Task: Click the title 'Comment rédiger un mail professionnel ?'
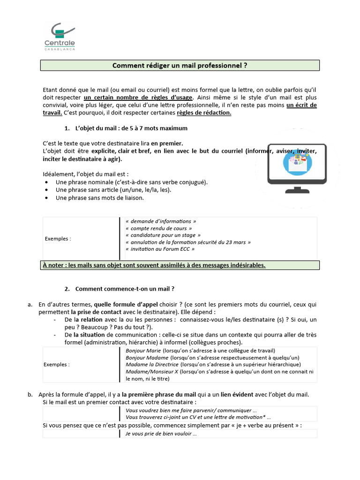tap(180, 66)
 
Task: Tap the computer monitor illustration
tap(297, 166)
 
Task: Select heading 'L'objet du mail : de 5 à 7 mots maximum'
tap(131, 128)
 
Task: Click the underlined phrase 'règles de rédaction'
tap(204, 113)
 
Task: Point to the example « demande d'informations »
tap(161, 221)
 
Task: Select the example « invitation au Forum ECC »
tap(160, 249)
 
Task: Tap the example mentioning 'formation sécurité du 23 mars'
tap(188, 242)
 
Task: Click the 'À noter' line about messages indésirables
tap(154, 265)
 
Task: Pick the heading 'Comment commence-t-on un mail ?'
tap(125, 289)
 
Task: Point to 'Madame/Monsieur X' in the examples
tap(152, 371)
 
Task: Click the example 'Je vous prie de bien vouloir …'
tap(161, 434)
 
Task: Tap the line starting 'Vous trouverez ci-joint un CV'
tap(198, 417)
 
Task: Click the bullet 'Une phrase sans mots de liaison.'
tap(99, 198)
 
